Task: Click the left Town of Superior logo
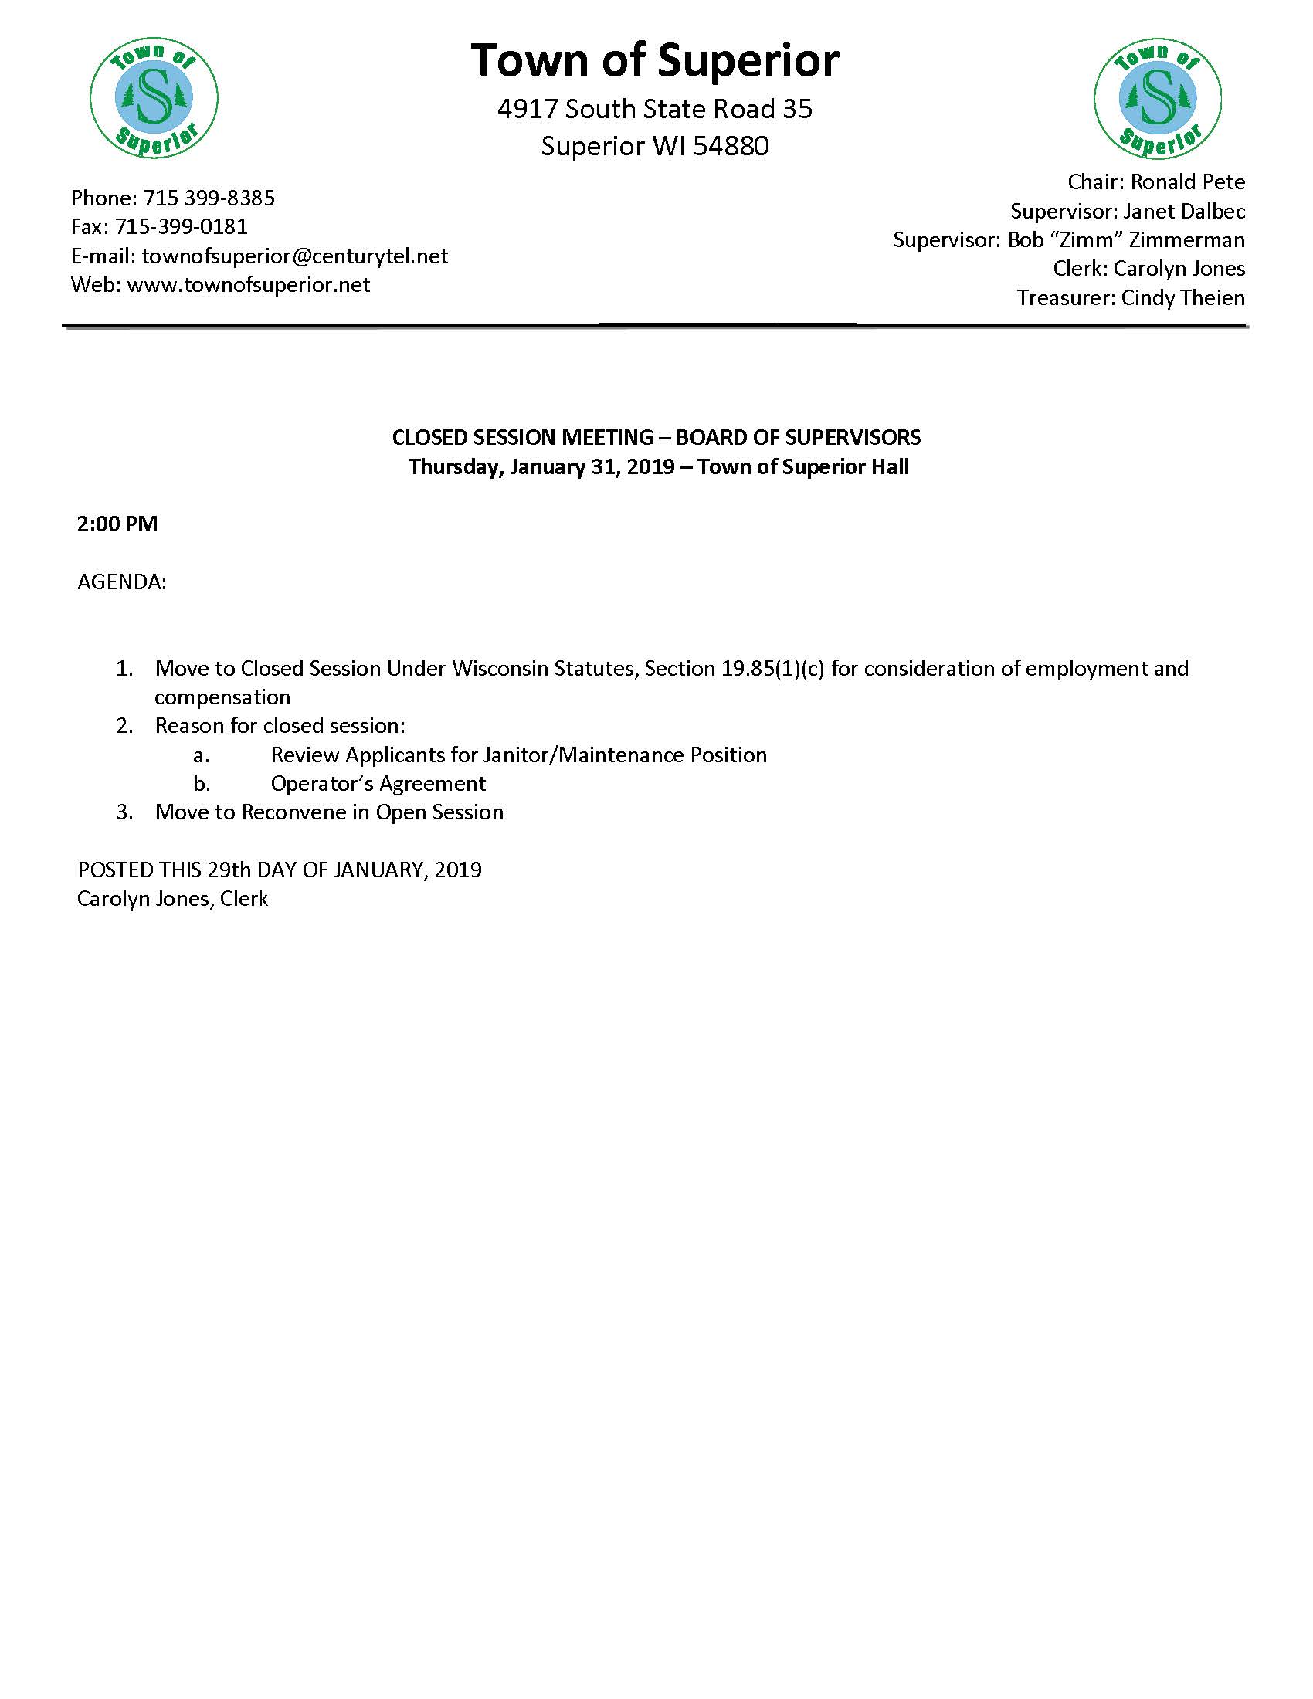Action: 154,99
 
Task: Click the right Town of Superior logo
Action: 1158,99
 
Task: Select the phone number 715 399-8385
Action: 209,198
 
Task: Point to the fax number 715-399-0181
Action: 182,226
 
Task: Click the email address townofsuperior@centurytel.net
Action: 295,256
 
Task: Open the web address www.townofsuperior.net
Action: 248,285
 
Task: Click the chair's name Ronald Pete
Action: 1187,182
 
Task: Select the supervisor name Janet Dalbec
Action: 1184,211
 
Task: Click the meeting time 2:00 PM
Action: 117,524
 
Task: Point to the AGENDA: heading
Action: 122,582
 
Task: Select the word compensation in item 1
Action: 222,697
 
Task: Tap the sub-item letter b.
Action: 202,783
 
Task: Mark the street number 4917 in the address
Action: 528,109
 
